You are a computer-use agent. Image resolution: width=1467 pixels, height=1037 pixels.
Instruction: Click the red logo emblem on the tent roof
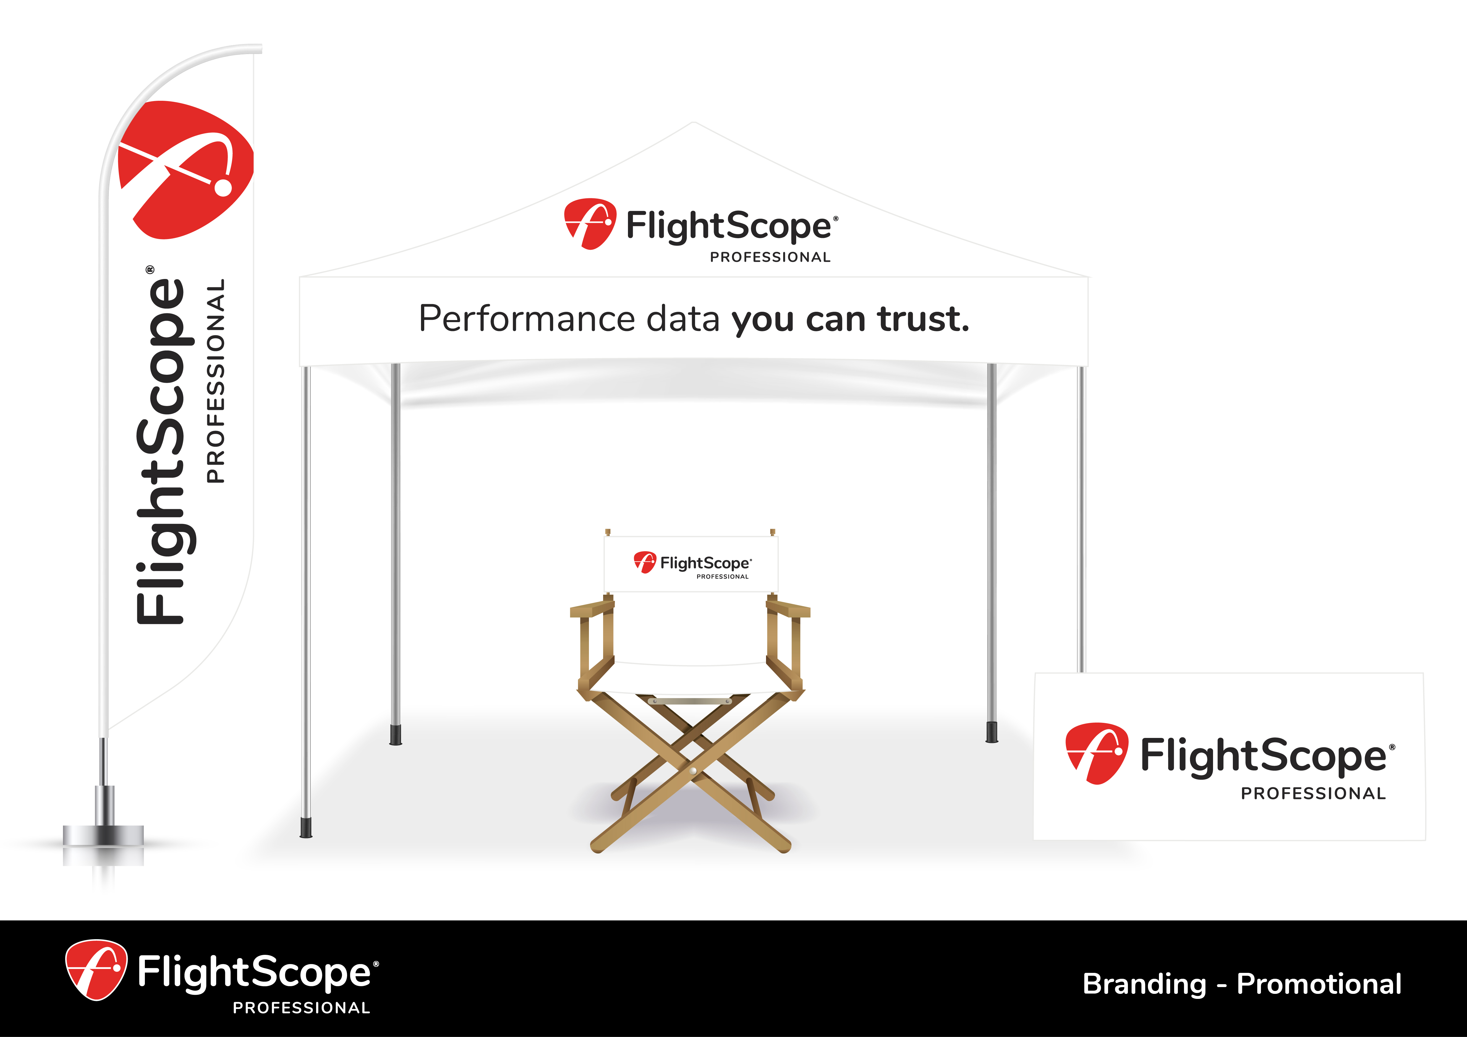[x=590, y=223]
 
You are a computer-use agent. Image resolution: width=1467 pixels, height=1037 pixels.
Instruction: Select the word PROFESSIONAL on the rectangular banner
[x=1313, y=794]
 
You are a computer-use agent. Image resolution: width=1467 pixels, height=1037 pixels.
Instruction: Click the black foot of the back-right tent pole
[x=992, y=732]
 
